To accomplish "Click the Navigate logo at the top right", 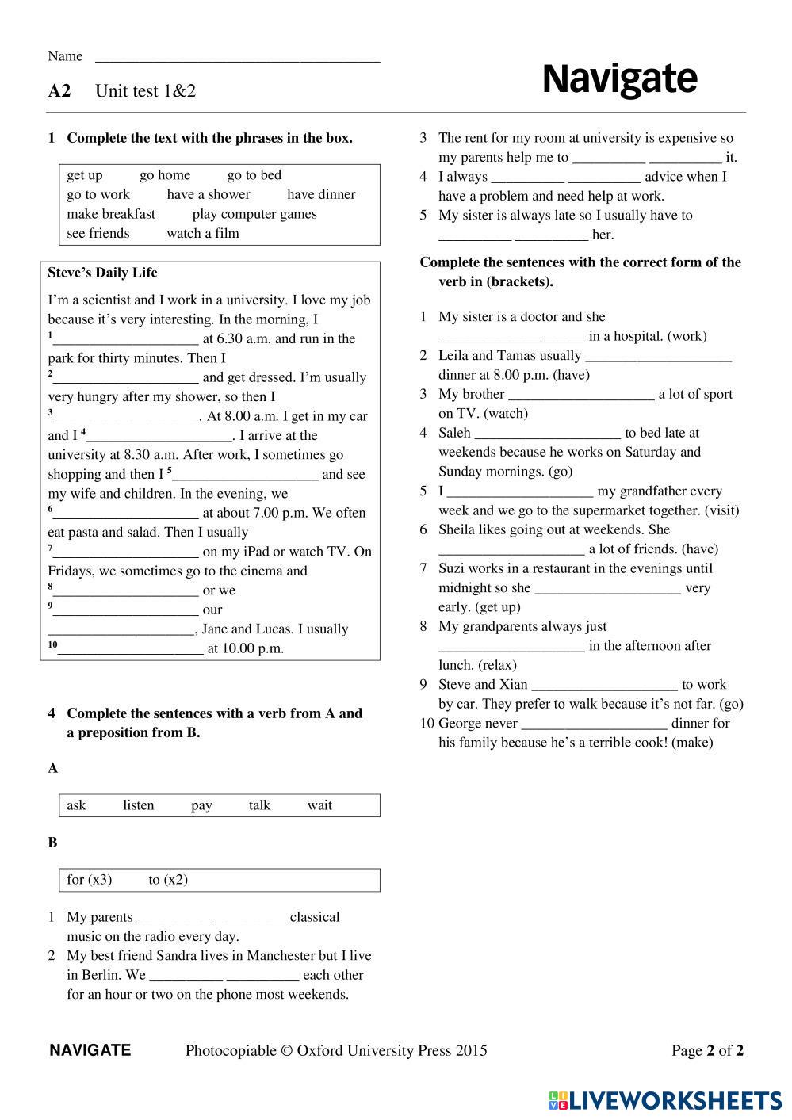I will click(619, 79).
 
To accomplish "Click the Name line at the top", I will click(237, 57).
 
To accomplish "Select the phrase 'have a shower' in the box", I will click(209, 194).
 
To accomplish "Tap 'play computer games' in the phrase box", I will click(254, 214).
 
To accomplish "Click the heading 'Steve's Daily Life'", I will click(102, 273).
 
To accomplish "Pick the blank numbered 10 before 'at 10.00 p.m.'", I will click(131, 649).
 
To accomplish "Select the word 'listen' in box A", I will click(139, 805).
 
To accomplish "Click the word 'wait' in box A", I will click(319, 805).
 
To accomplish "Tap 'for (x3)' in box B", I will click(90, 880).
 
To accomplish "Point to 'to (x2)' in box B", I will click(168, 880).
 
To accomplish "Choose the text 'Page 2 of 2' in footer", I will click(707, 1051).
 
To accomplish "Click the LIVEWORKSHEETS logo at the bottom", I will click(664, 1100).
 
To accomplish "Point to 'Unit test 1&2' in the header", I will click(145, 91).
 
